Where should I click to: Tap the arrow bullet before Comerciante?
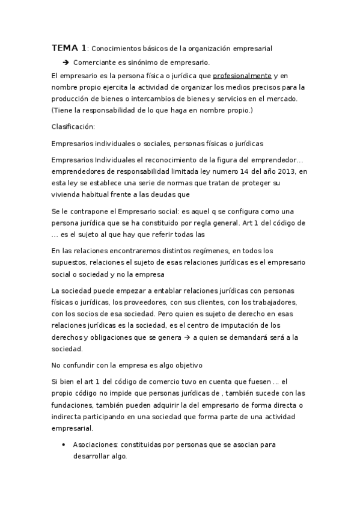tap(65, 62)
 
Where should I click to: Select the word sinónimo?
tap(147, 62)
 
